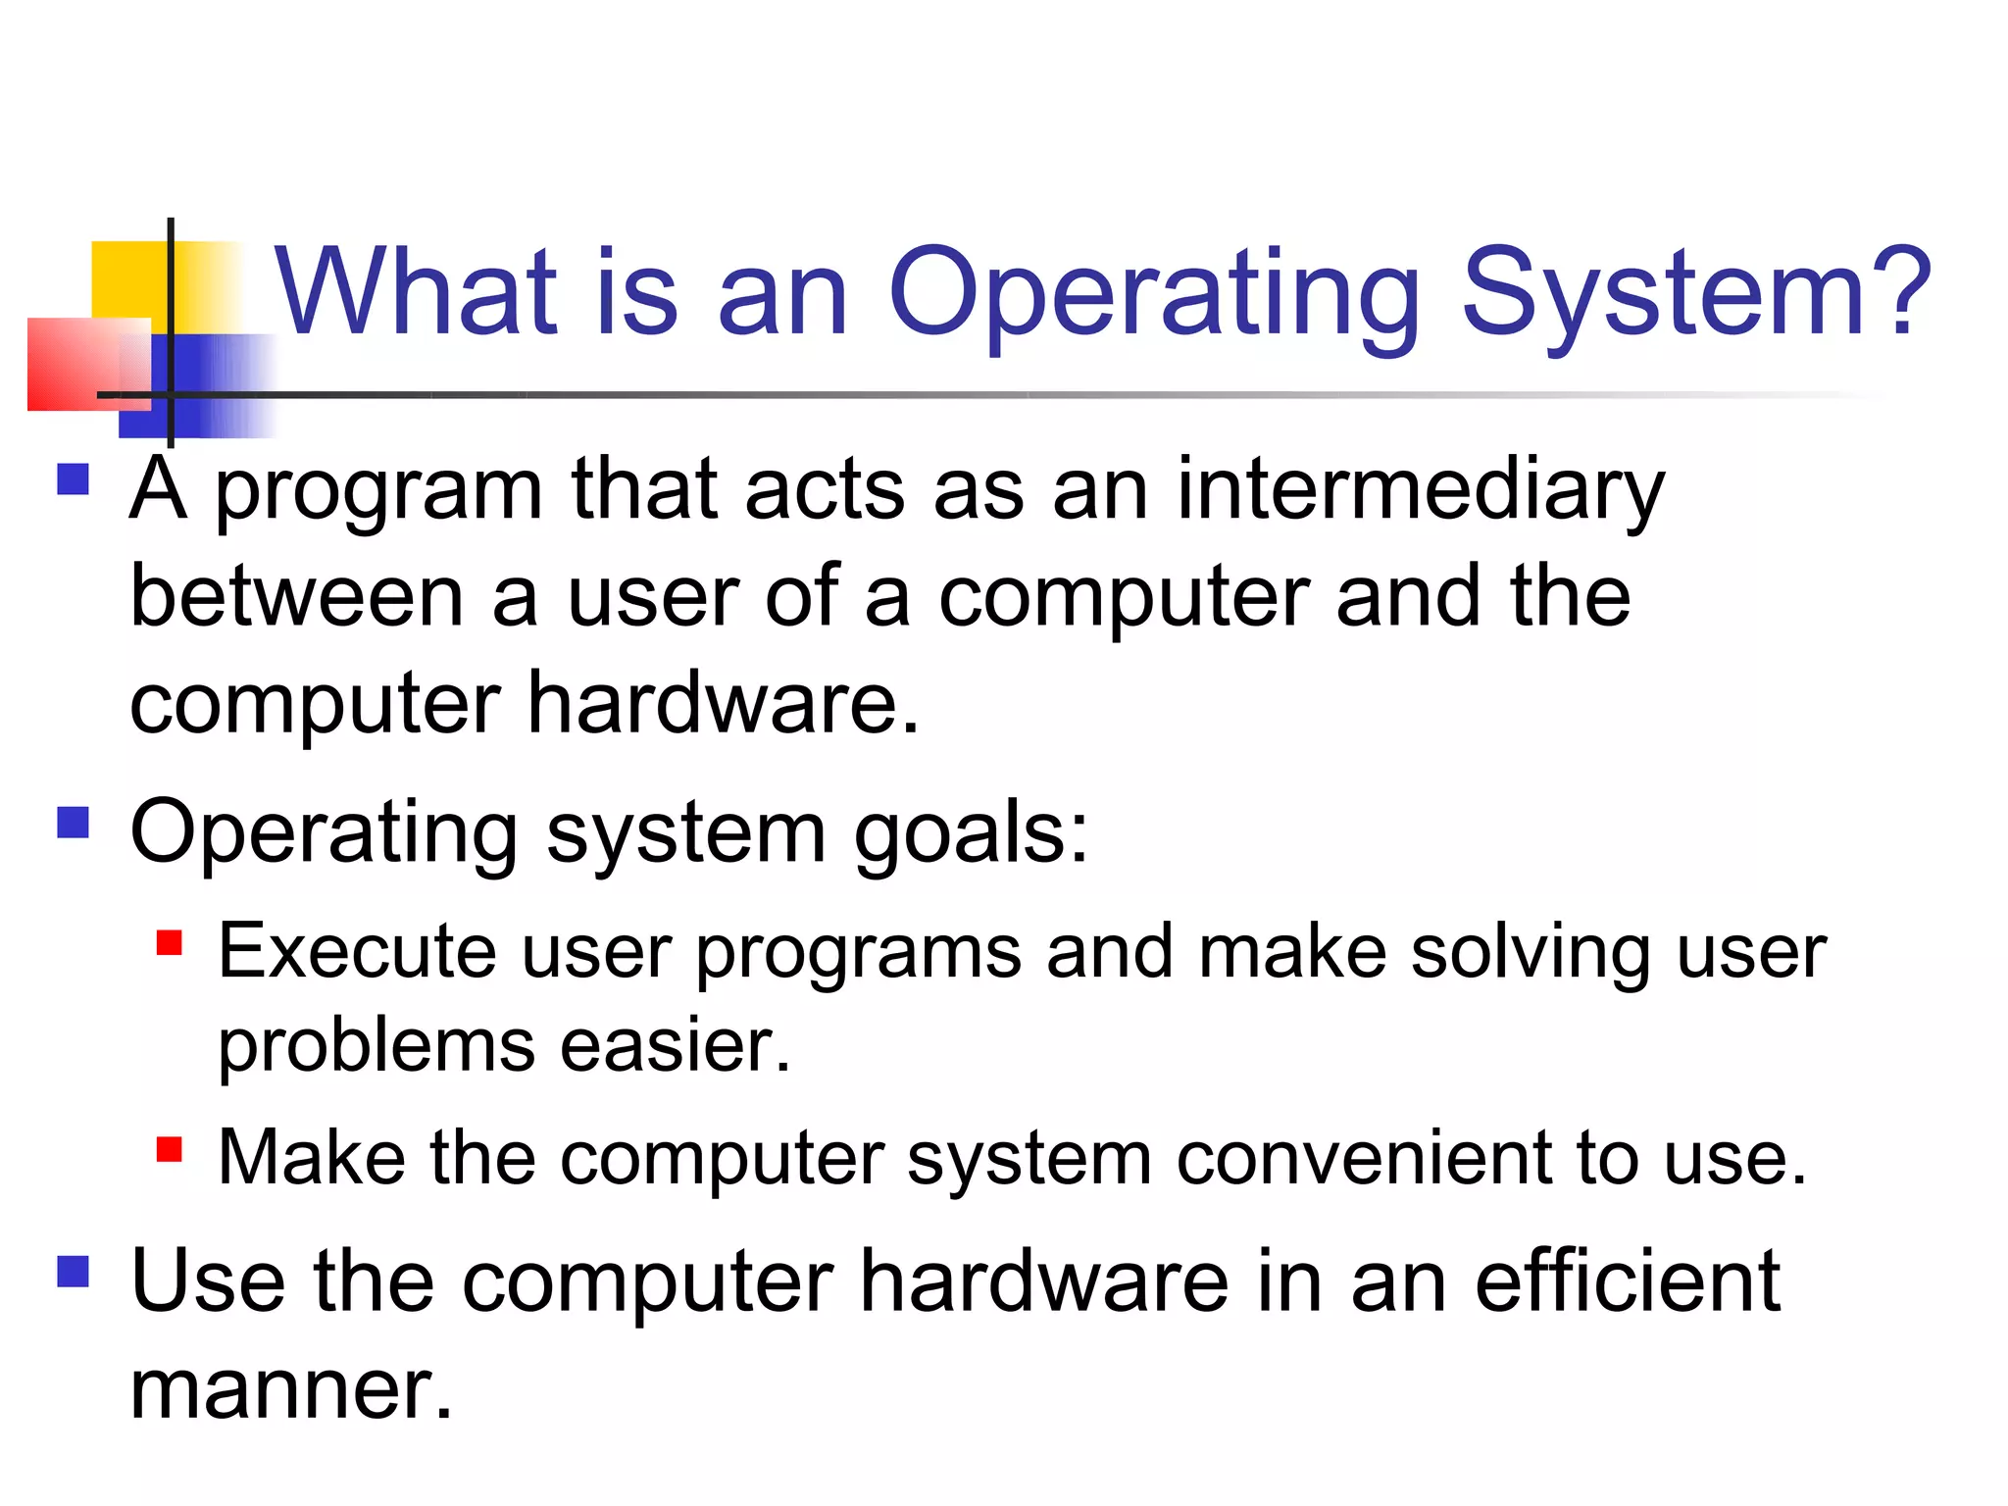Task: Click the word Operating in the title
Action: pyautogui.click(x=1153, y=294)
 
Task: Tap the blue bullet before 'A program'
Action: pyautogui.click(x=74, y=480)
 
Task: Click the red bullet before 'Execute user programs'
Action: pyautogui.click(x=170, y=942)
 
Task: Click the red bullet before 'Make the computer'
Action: pyautogui.click(x=170, y=1148)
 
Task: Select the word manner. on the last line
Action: pyautogui.click(x=291, y=1390)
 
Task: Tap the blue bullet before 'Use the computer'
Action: pyautogui.click(x=74, y=1272)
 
